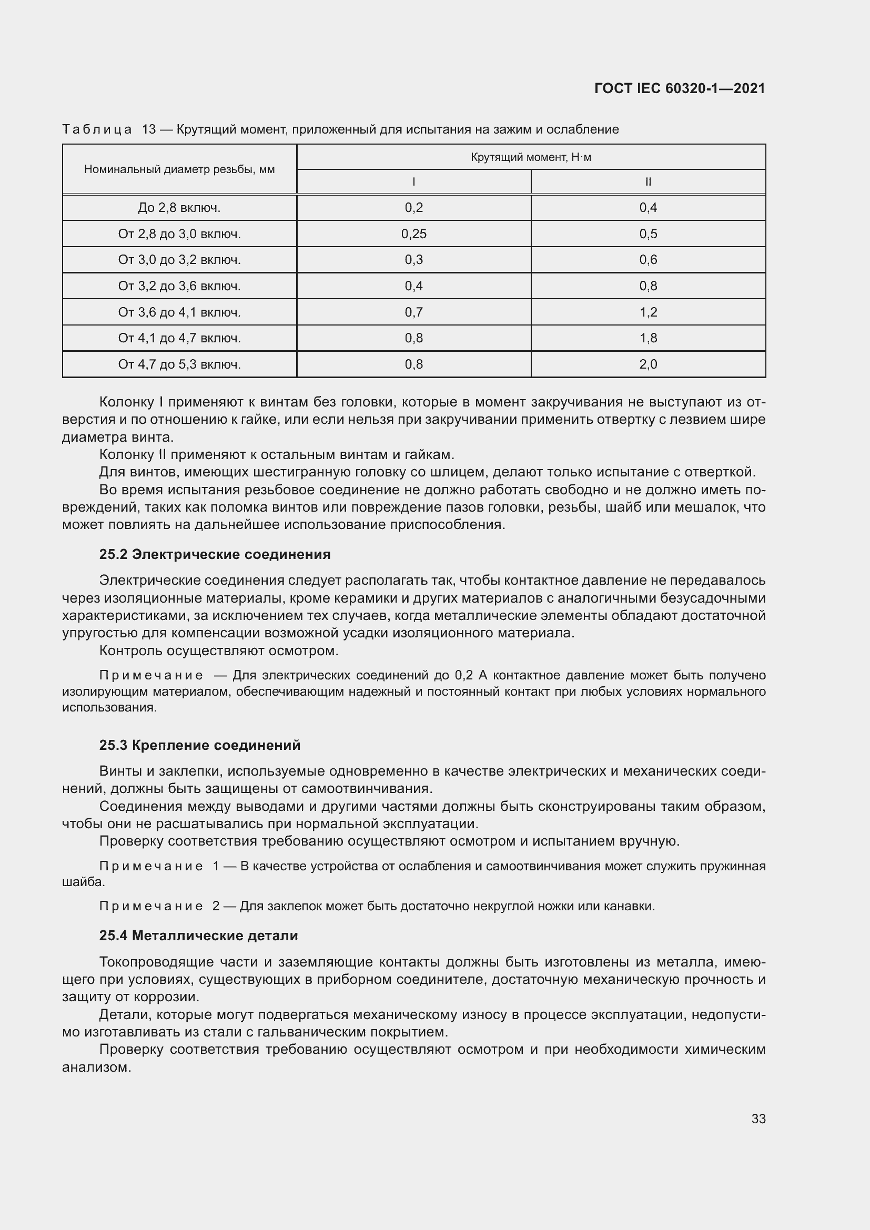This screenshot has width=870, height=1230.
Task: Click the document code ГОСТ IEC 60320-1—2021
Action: (x=679, y=88)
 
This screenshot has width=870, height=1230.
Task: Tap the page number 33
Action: (x=758, y=1119)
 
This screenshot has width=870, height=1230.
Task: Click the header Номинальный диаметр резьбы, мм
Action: (x=179, y=169)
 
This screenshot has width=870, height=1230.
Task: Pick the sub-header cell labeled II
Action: (x=648, y=182)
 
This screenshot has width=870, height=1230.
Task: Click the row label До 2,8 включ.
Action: (x=179, y=208)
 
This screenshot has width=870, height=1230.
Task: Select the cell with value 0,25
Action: (x=413, y=234)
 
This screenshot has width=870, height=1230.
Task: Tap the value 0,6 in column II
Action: (x=648, y=260)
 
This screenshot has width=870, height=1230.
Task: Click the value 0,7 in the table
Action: (x=413, y=312)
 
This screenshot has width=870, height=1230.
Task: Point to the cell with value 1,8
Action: (x=648, y=339)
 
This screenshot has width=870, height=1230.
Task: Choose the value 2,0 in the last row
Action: (x=648, y=365)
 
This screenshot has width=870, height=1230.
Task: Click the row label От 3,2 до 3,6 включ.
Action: (x=179, y=286)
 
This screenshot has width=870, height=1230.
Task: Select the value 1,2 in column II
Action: (x=648, y=312)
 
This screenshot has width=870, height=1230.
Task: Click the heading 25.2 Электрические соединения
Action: (x=215, y=554)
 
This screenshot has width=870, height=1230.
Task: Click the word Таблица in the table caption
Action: (x=97, y=130)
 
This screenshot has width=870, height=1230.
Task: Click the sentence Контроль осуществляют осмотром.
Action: (x=219, y=651)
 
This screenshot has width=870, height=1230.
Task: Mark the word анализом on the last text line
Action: (x=96, y=1067)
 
